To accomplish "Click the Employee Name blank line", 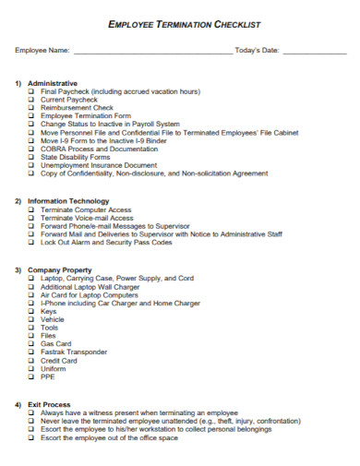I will pyautogui.click(x=152, y=52).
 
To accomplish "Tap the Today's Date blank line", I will pyautogui.click(x=313, y=52).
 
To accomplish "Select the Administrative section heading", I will pyautogui.click(x=53, y=83).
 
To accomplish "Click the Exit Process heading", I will pyautogui.click(x=49, y=405).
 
